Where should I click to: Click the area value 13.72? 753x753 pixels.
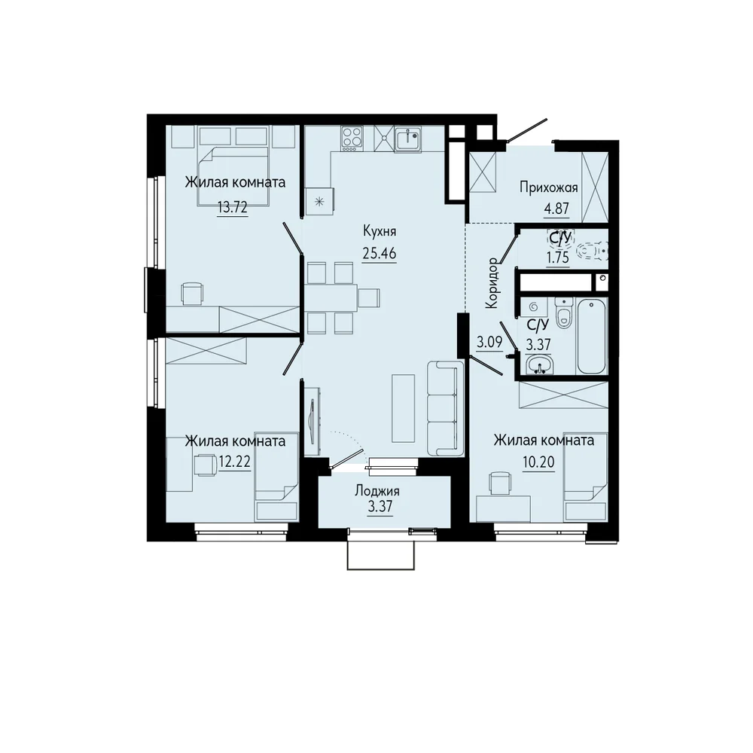click(x=233, y=208)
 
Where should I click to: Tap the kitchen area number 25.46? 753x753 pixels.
click(x=380, y=252)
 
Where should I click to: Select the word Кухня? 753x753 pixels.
click(x=380, y=231)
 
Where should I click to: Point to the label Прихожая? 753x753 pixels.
click(x=548, y=187)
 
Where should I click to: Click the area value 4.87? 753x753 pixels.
click(x=556, y=209)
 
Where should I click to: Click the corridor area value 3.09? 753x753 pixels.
click(x=489, y=343)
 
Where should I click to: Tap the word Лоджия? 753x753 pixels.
click(x=377, y=491)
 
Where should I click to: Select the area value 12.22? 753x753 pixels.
click(x=234, y=462)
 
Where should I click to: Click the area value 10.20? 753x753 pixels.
click(x=539, y=462)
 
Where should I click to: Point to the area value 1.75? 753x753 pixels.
click(x=557, y=258)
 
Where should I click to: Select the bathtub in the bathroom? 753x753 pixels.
click(x=592, y=336)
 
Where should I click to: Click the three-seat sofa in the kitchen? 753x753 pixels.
click(x=445, y=408)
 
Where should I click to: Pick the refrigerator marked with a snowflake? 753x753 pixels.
click(x=320, y=202)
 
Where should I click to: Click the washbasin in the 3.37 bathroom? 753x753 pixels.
click(x=539, y=364)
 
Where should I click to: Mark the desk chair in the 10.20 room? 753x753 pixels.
click(x=498, y=483)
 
